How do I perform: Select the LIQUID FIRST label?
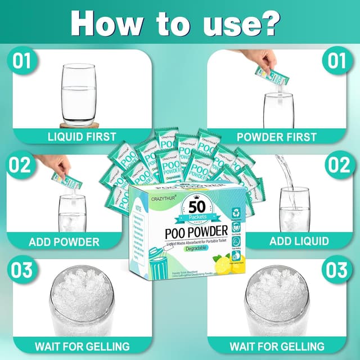82,136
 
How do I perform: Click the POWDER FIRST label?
277,136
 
